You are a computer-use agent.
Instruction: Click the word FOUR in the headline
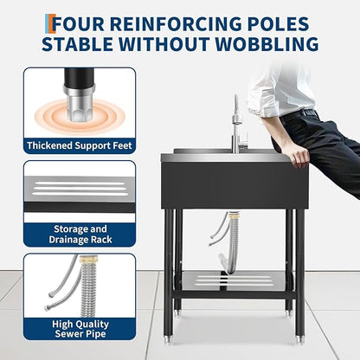80,23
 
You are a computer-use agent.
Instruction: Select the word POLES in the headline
278,23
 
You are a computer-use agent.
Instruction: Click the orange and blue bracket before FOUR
49,23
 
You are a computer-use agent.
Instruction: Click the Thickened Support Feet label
80,145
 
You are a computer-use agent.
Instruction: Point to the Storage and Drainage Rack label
80,235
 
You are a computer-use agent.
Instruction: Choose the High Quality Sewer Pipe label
80,329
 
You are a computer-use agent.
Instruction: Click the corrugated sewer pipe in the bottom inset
87,288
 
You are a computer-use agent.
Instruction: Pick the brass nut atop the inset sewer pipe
86,259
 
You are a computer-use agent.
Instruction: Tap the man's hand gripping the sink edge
300,156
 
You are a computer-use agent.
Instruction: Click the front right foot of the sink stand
300,340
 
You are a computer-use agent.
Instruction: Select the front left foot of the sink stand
168,340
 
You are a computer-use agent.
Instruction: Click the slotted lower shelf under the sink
235,280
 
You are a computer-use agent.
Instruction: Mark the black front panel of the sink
235,185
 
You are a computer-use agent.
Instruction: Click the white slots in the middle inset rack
79,189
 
